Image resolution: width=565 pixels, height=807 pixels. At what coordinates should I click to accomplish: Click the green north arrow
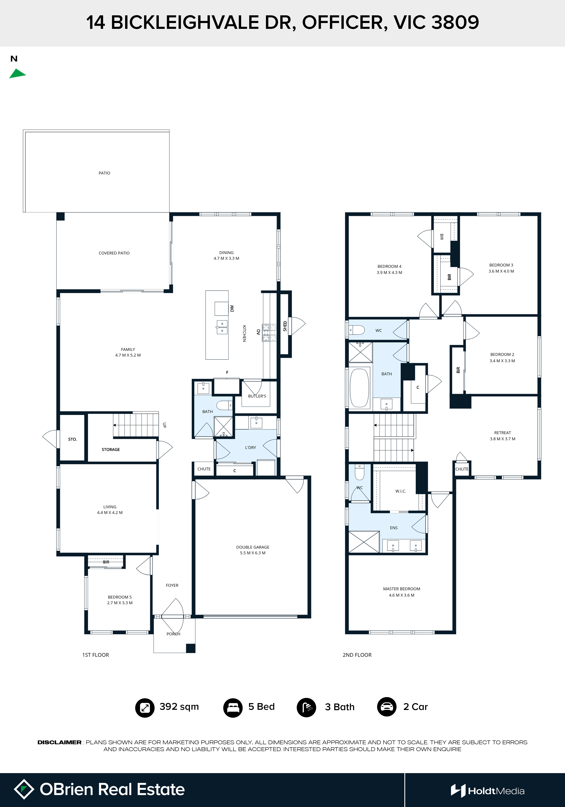point(17,74)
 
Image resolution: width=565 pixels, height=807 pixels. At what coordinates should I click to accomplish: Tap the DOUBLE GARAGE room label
point(253,547)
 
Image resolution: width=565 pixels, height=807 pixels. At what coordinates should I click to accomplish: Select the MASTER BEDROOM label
point(402,589)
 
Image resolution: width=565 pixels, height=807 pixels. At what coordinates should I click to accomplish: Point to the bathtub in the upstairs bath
point(359,388)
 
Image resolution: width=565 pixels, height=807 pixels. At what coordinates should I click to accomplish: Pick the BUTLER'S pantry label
point(257,396)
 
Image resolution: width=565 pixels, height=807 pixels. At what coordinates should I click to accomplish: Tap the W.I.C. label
point(401,491)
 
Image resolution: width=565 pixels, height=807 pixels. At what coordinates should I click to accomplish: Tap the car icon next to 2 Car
point(387,707)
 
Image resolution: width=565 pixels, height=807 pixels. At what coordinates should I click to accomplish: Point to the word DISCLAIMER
point(59,742)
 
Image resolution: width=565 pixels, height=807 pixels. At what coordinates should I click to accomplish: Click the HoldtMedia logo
point(488,791)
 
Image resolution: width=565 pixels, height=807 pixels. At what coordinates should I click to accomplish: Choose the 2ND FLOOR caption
point(357,655)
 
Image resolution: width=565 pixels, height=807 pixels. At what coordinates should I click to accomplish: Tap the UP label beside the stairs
point(164,425)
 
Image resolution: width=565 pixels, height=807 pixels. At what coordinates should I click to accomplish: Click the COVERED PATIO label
point(114,253)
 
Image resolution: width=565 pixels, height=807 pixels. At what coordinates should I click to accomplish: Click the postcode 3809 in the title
point(455,22)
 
